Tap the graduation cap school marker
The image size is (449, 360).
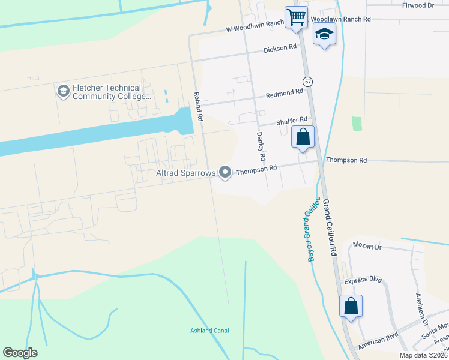pyautogui.click(x=324, y=34)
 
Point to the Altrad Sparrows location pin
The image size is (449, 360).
pyautogui.click(x=225, y=173)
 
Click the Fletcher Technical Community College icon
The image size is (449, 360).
pyautogui.click(x=62, y=91)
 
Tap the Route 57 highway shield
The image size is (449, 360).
pyautogui.click(x=307, y=82)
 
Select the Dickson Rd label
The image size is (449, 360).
pyautogui.click(x=280, y=48)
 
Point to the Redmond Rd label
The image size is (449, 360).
pyautogui.click(x=285, y=94)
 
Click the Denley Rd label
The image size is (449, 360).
pyautogui.click(x=261, y=148)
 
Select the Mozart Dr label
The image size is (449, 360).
pyautogui.click(x=367, y=247)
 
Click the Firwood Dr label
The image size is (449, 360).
pyautogui.click(x=418, y=5)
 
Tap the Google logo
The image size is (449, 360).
pyautogui.click(x=20, y=353)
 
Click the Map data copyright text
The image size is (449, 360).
pyautogui.click(x=424, y=355)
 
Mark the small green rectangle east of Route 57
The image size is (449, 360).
pyautogui.click(x=357, y=124)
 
